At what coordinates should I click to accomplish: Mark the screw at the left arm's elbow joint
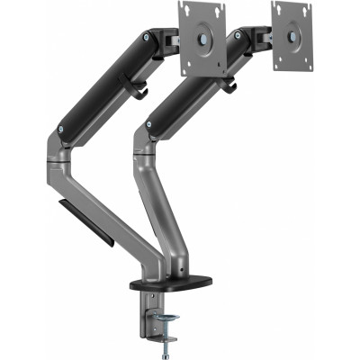(x=60, y=130)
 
